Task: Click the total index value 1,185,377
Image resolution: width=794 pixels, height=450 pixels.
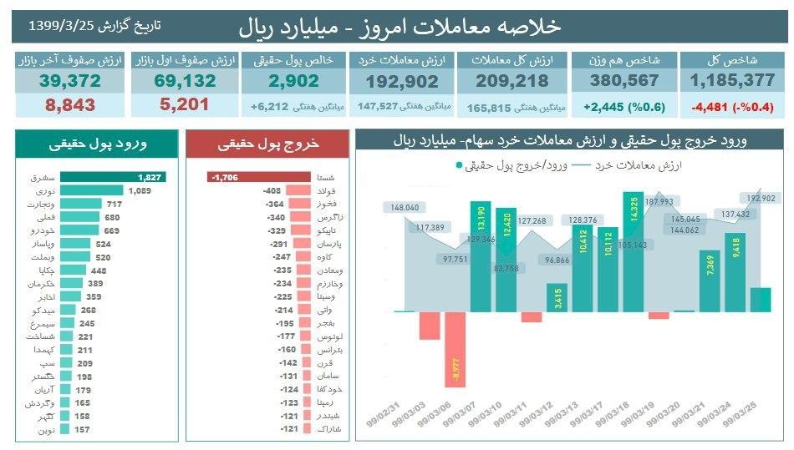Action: (733, 81)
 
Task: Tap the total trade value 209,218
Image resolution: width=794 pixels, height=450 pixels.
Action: (512, 81)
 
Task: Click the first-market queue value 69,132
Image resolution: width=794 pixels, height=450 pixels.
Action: (185, 81)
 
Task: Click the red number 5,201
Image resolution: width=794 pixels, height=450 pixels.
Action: (185, 105)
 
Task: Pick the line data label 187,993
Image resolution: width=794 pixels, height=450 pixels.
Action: (659, 202)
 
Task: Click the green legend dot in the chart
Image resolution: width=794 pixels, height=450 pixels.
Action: (459, 165)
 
